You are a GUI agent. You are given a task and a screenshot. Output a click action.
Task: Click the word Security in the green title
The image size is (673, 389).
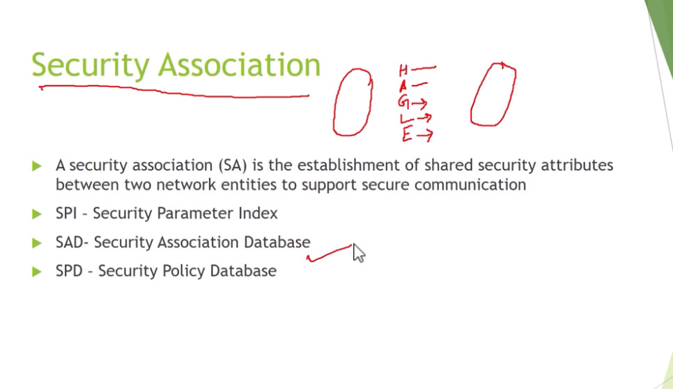(x=91, y=66)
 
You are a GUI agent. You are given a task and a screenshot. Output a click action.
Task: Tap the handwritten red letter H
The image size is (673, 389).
(x=403, y=70)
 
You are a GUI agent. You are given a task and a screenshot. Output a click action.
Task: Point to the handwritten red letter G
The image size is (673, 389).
(x=403, y=102)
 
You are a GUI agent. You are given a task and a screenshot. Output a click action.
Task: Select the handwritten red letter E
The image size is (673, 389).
(x=407, y=135)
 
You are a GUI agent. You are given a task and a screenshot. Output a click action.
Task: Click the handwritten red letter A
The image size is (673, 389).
(x=403, y=86)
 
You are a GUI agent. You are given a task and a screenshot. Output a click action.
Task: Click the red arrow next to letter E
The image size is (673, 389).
(x=424, y=136)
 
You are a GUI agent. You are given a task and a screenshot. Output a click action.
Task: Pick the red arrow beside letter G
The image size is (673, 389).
(x=419, y=103)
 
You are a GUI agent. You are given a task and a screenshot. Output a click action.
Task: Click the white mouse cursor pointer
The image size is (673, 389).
(x=359, y=253)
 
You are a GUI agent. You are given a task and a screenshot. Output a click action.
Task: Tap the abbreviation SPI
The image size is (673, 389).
(x=66, y=213)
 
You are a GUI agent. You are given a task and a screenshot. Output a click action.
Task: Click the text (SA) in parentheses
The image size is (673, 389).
(x=232, y=165)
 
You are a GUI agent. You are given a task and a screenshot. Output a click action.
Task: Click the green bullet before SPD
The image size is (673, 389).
(x=37, y=271)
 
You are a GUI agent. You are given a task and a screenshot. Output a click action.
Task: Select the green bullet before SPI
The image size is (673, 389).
(x=37, y=214)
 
